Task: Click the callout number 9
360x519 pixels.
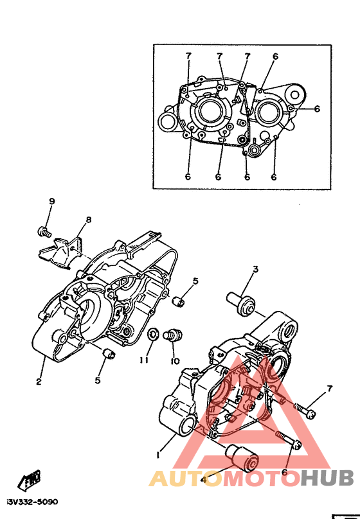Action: [51, 201]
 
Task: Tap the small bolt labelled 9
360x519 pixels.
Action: [44, 231]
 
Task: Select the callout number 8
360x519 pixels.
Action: [89, 220]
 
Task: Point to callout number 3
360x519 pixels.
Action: [255, 269]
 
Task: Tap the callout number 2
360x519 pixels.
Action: [39, 382]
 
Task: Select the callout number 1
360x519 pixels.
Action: [158, 455]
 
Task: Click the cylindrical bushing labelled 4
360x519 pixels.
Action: [242, 458]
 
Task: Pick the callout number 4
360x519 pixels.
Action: [204, 479]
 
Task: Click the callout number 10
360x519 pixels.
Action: [175, 360]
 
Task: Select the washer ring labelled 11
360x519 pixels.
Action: [152, 333]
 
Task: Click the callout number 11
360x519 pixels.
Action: [144, 360]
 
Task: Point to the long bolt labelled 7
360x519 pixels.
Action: [305, 409]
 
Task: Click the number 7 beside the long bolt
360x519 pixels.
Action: [329, 389]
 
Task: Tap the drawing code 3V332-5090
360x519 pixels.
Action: [32, 502]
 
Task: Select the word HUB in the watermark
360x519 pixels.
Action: [327, 478]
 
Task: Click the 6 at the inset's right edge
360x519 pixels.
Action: [317, 109]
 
